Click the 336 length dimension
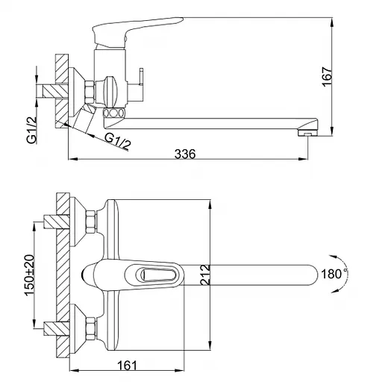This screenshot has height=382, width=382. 185,154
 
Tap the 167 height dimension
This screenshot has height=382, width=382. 327,77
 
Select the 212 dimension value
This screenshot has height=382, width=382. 205,275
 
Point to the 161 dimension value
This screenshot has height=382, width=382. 127,366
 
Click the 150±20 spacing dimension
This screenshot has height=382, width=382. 30,275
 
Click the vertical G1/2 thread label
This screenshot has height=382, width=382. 32,130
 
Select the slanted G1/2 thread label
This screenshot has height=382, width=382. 118,141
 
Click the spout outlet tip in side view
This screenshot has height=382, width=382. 308,131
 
